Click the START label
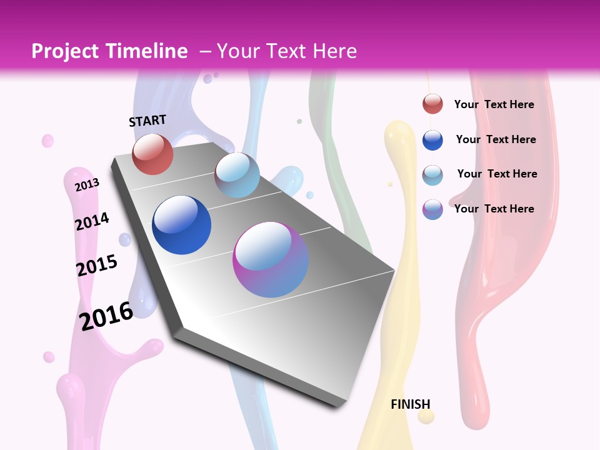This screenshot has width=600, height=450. coord(147,121)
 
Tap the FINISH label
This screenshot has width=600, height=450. coord(410,404)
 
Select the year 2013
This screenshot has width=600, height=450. coord(87,185)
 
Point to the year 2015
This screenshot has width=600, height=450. coord(97,266)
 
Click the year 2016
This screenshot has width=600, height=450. coord(106,316)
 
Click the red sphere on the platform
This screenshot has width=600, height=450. coord(152,154)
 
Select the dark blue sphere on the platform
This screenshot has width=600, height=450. coord(181,225)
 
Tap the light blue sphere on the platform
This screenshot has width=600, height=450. coord(237,175)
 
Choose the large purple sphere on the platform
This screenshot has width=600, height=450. coord(271,259)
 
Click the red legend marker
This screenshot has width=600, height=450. coord(432,104)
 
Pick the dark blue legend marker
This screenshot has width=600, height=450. coord(432,140)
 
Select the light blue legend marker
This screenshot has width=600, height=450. coord(432,174)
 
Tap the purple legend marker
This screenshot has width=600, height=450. coord(432,209)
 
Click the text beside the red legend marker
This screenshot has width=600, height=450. coord(494,104)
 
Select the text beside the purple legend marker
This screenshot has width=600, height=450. coord(494,209)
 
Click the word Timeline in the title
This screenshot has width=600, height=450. coord(147,51)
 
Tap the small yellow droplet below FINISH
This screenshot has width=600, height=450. coord(426,417)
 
